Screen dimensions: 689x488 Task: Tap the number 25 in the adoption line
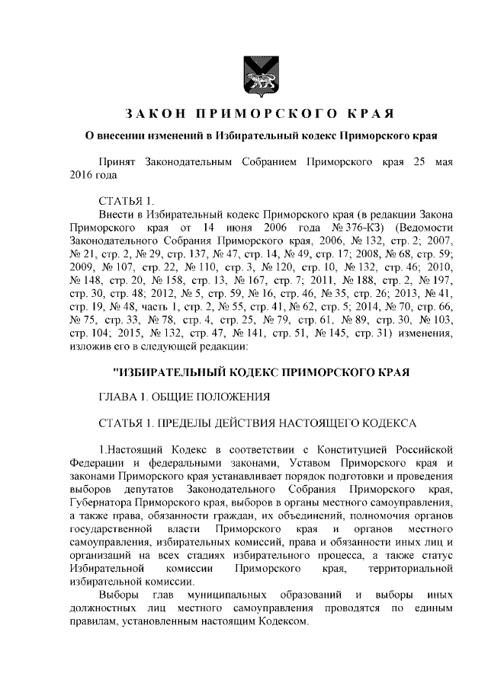tap(419, 163)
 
